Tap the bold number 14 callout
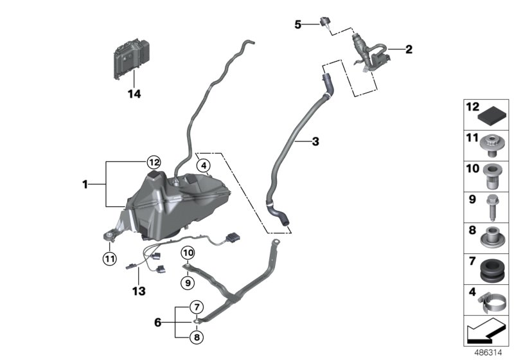click(x=134, y=94)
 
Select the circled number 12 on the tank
click(x=154, y=161)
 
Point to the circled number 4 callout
click(x=204, y=166)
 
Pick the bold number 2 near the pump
click(x=408, y=49)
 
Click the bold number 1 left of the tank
click(x=85, y=184)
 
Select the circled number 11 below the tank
click(x=109, y=258)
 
